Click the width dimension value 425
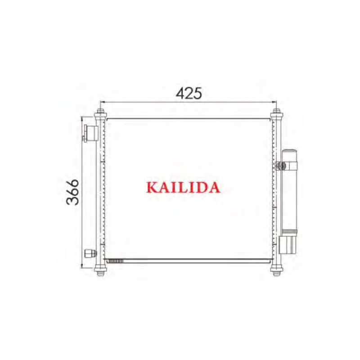189,93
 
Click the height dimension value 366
72,192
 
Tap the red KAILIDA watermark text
183,187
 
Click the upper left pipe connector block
90,133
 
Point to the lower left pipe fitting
90,253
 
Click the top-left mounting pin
100,113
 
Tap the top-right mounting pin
276,113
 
